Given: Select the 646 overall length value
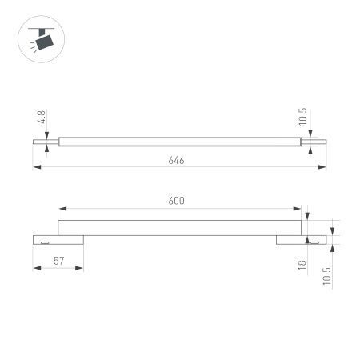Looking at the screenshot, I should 177,160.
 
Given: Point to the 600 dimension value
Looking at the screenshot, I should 177,202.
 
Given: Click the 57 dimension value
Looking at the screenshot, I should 57,262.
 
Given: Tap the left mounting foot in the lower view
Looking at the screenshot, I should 58,239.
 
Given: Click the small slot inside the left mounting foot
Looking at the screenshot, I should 45,241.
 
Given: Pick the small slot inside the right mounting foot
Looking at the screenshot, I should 315,241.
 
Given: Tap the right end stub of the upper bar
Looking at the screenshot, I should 313,142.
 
